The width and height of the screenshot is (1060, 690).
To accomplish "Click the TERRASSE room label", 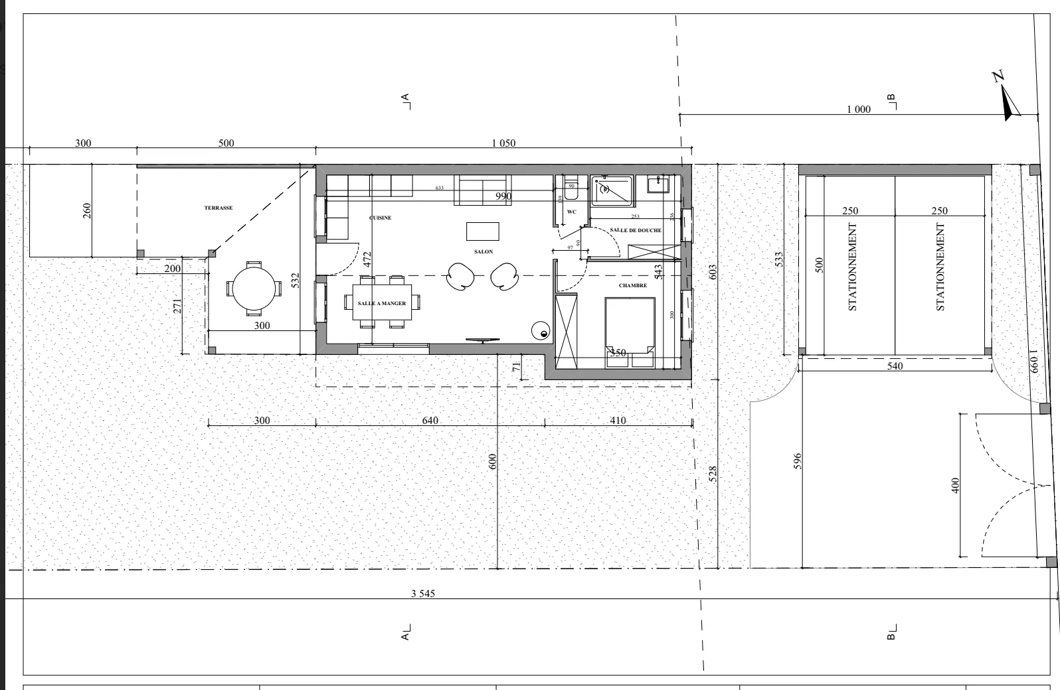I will (219, 208).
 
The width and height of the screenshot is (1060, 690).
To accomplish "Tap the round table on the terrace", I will (252, 289).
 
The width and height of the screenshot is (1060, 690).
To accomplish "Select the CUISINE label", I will (381, 218).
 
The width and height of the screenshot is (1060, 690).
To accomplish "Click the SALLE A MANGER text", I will (382, 303).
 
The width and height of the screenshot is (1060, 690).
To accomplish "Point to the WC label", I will (572, 212).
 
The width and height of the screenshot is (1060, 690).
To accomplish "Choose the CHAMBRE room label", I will (633, 285).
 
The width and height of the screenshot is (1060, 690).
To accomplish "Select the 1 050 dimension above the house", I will (503, 143).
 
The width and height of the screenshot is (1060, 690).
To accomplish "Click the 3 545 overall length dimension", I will (422, 593).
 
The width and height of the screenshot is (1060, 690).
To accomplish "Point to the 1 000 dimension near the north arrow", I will (858, 109).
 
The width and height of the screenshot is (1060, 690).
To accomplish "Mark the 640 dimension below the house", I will (430, 420).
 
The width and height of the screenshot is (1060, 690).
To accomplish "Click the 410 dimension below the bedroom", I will (618, 420).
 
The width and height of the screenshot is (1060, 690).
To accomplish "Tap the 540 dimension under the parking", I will (895, 366).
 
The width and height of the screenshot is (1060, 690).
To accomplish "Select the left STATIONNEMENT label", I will (853, 267).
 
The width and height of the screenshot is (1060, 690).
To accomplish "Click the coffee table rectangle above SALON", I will (483, 231).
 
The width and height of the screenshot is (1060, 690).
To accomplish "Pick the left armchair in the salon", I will (460, 275).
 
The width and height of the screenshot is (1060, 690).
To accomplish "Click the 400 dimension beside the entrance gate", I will (955, 486).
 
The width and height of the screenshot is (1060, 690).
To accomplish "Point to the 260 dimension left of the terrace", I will (86, 210).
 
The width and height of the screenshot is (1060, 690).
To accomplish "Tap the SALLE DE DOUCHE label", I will (636, 230).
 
